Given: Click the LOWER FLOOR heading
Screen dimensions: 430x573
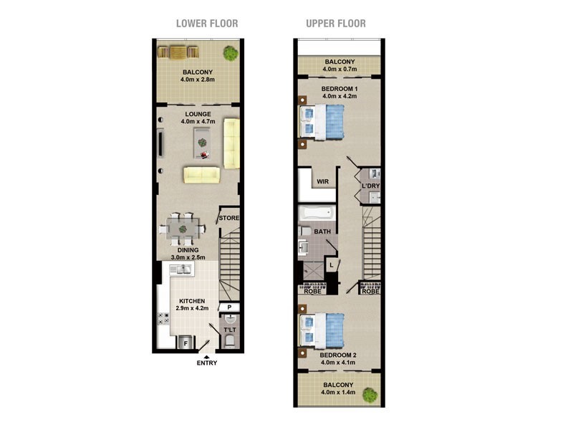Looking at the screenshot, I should [207, 24].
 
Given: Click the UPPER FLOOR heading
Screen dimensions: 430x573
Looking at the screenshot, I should [335, 24].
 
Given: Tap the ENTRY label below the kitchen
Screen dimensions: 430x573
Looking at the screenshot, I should [207, 363].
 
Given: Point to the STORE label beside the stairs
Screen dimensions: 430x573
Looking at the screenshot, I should [229, 218].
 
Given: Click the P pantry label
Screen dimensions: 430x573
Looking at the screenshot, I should [229, 307].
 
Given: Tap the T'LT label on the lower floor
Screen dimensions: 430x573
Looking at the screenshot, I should [230, 330].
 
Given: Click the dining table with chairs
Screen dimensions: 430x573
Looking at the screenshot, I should [183, 228].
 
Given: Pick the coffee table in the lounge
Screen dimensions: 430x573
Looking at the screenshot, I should [203, 143].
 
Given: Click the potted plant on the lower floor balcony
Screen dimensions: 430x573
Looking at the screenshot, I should [231, 52].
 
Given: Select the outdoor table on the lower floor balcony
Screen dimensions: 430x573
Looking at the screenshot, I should [178, 52].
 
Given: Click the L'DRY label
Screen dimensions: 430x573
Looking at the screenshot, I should [370, 186].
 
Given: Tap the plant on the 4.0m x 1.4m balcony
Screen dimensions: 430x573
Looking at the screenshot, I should [370, 394].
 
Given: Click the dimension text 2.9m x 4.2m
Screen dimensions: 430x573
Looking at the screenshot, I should [191, 309].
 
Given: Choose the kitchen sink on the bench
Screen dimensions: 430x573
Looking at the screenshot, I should [180, 269].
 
